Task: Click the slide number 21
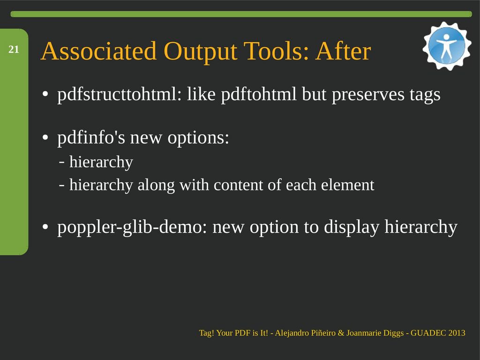(x=14, y=49)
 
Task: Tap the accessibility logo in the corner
(x=447, y=46)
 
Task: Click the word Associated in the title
(x=98, y=51)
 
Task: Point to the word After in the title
(x=343, y=51)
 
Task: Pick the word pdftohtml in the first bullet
(x=259, y=94)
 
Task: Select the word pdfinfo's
(x=91, y=137)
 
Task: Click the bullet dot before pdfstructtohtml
(x=45, y=94)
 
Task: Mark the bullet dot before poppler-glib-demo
(x=45, y=227)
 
